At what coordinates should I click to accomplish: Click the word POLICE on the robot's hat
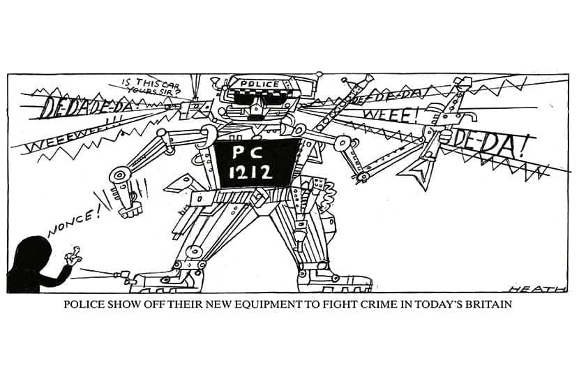[x=260, y=84]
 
